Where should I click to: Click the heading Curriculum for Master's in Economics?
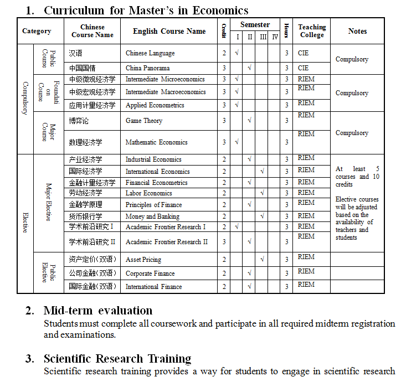tap(146, 10)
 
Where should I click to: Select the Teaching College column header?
tap(312, 31)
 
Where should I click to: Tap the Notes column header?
tap(357, 31)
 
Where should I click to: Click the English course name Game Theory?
tap(143, 121)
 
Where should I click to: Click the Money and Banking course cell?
tap(152, 216)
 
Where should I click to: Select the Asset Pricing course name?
tap(143, 260)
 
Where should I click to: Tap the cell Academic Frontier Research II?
tap(167, 242)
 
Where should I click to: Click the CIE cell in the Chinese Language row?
tap(303, 53)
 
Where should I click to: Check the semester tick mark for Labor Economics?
tap(262, 193)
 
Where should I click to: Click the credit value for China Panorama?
tap(224, 68)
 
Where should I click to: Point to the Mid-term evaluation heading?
tap(98, 310)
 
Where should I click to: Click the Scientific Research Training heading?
tap(117, 359)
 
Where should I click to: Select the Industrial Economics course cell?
tap(153, 159)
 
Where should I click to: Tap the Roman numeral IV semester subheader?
tap(274, 37)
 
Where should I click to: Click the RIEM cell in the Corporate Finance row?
tap(306, 271)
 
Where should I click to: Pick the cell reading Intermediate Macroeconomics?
tap(166, 92)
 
